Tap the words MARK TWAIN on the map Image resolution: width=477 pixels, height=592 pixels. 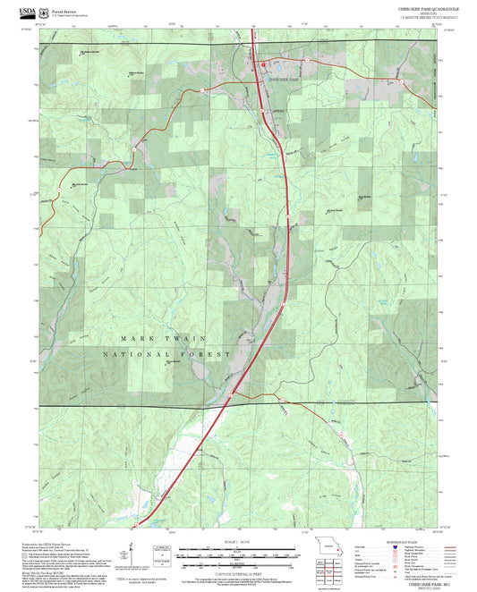pos(165,338)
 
